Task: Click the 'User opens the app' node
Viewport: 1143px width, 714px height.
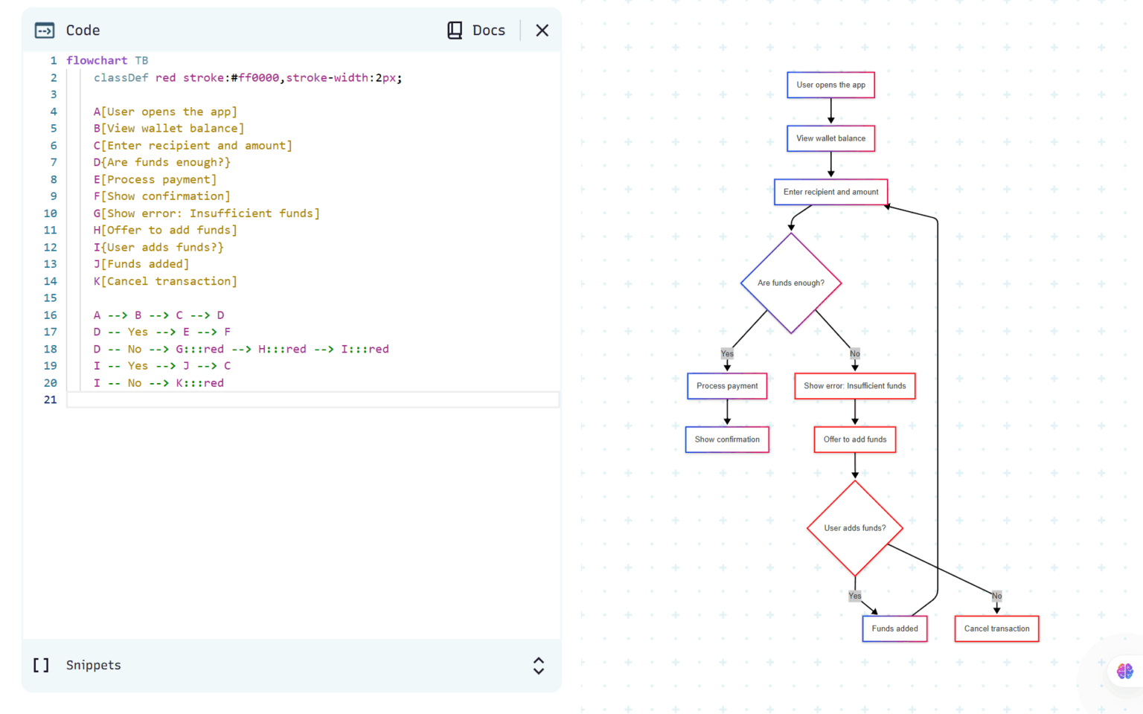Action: [830, 85]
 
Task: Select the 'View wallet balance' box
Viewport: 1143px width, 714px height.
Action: [830, 138]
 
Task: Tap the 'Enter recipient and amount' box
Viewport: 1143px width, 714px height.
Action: [830, 192]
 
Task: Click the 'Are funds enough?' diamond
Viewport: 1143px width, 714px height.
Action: [791, 283]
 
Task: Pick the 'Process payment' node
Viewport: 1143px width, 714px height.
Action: [727, 386]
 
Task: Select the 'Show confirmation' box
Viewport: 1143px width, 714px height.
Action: [727, 440]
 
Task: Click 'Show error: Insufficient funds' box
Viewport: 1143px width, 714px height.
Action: [854, 386]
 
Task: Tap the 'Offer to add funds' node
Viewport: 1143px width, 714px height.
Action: [854, 440]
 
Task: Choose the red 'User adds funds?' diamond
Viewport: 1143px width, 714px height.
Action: [854, 528]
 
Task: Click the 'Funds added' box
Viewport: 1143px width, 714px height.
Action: [894, 628]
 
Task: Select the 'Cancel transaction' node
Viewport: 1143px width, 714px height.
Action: [996, 628]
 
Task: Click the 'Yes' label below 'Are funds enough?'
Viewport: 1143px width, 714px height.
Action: [727, 354]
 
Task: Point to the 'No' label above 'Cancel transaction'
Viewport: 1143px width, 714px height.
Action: [996, 596]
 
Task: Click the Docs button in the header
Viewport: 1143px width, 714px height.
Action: [476, 30]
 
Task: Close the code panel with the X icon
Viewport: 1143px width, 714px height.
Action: [542, 30]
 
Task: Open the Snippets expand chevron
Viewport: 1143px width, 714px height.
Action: [539, 666]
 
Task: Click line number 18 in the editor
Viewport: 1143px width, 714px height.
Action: [50, 349]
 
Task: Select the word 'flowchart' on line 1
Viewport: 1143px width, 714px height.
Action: [97, 60]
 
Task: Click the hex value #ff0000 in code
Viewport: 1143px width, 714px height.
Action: [255, 77]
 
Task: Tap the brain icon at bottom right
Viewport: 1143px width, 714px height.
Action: [1124, 672]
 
